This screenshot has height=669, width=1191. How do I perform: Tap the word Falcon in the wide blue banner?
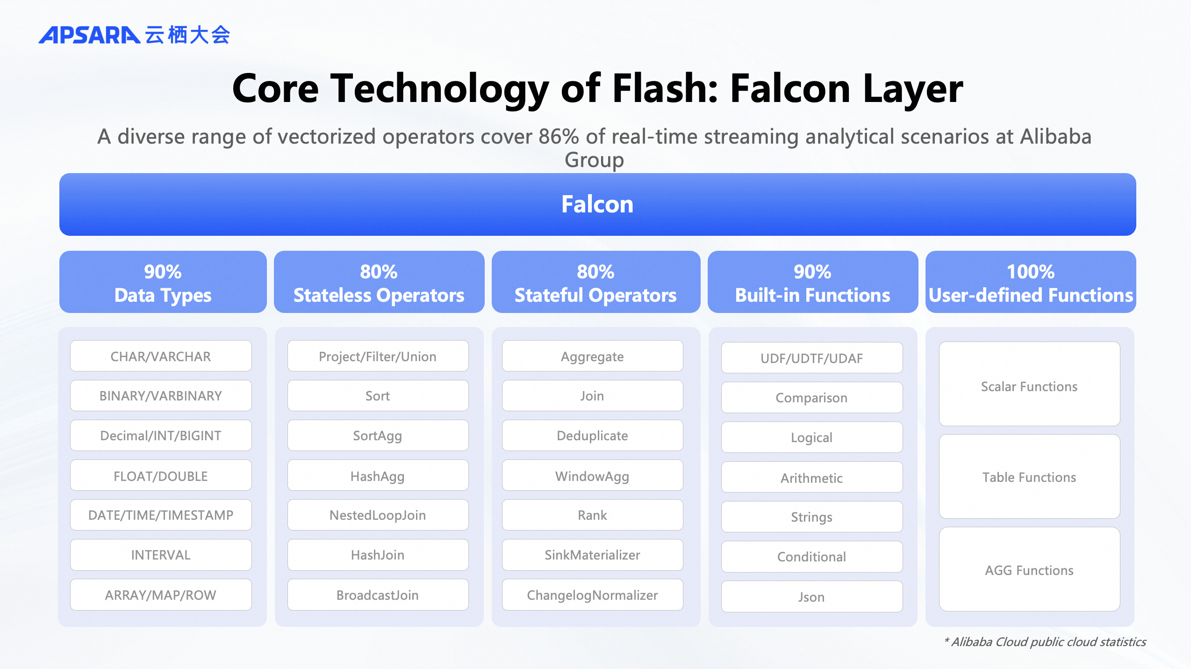tap(597, 204)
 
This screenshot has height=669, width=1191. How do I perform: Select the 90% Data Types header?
tap(163, 283)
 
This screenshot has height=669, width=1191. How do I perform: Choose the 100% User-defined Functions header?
tap(1030, 283)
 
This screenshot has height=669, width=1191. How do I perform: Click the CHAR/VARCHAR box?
tap(161, 356)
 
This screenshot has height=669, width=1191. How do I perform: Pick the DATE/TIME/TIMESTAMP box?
tap(161, 515)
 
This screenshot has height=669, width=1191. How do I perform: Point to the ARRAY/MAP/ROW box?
tap(161, 595)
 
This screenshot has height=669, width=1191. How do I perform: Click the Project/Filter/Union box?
tap(378, 356)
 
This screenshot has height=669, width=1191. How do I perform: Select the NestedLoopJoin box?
tap(378, 515)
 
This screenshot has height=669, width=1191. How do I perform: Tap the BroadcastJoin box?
tap(378, 595)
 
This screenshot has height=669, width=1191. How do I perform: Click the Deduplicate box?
tap(592, 436)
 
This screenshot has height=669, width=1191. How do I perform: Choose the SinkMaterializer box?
tap(592, 555)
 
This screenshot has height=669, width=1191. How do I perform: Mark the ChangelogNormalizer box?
tap(592, 595)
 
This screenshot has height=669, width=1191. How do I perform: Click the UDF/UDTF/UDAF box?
tap(811, 358)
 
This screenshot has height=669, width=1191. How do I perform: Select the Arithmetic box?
tap(811, 478)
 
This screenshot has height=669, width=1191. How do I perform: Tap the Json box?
tap(811, 597)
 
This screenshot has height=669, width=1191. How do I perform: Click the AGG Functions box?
tap(1029, 570)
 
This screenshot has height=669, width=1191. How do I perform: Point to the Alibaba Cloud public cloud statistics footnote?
tap(1045, 642)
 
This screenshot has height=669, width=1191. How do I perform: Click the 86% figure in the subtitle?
tap(559, 137)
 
